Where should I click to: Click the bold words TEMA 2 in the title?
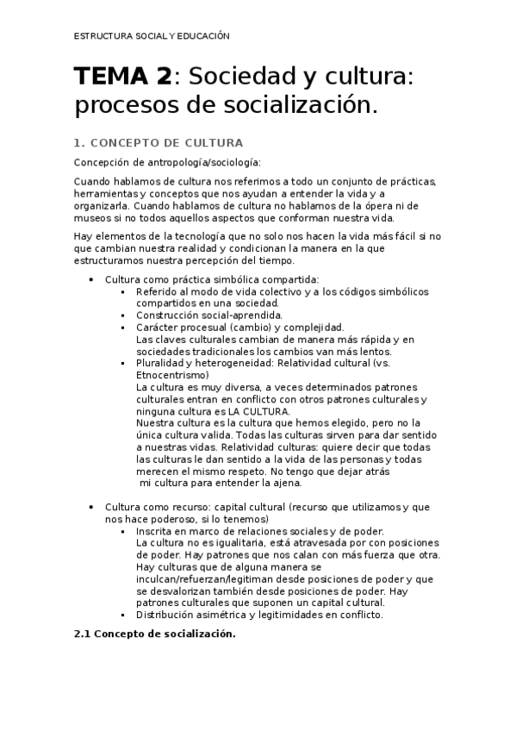[x=121, y=78]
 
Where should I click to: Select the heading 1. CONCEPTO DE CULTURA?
[x=158, y=142]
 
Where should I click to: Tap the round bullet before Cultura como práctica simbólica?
[x=91, y=279]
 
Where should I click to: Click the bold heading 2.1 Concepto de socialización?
[x=154, y=634]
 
